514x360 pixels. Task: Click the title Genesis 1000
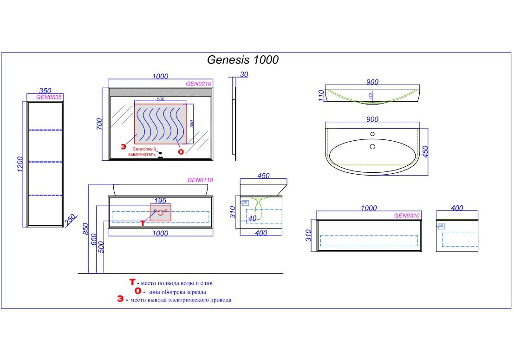[x=242, y=60]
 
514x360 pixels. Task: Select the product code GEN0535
[x=49, y=98]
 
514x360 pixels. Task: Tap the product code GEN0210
[x=199, y=84]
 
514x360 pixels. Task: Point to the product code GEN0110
[x=200, y=180]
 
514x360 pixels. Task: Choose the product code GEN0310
[x=407, y=216]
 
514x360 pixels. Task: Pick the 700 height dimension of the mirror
[x=99, y=124]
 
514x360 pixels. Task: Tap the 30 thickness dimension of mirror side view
[x=244, y=75]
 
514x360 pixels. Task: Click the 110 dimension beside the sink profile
[x=319, y=96]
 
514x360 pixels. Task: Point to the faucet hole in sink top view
[x=372, y=134]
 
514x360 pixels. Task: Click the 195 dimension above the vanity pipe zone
[x=160, y=200]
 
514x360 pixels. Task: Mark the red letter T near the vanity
[x=143, y=223]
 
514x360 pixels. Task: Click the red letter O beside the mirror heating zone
[x=181, y=151]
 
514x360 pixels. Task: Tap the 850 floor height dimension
[x=86, y=229]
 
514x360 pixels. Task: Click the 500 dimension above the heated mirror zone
[x=160, y=99]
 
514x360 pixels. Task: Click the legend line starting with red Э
[x=175, y=300]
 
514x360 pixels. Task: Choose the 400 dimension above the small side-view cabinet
[x=457, y=208]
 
